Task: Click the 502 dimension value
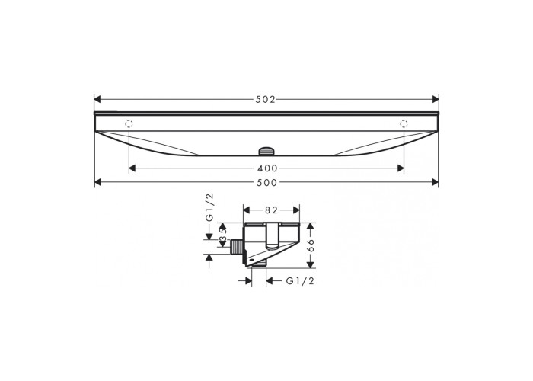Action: (x=266, y=99)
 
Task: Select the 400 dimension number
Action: (x=268, y=168)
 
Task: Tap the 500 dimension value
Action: (x=267, y=183)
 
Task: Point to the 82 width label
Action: (x=272, y=210)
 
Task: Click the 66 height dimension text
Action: (x=310, y=245)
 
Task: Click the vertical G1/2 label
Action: (x=209, y=208)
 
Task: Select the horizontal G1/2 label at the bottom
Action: (x=300, y=281)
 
